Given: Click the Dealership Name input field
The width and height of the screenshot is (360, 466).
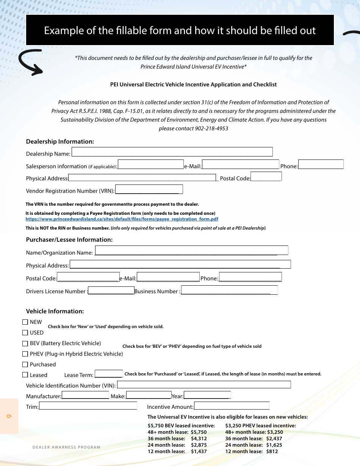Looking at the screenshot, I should coord(172,152).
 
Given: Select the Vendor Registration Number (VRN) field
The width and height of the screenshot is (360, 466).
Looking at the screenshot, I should coord(149,189).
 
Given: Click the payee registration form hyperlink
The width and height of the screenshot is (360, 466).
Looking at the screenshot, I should coord(122,219).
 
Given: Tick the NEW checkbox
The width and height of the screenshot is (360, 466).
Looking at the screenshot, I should coord(25,322).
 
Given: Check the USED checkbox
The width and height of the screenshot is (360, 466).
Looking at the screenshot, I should coord(25,333).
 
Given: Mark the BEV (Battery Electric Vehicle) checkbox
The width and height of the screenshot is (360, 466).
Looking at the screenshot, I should coord(25,344).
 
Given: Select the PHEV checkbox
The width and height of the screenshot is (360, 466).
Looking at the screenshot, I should coord(25,354).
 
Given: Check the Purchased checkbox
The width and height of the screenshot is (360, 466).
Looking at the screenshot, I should coord(25,364).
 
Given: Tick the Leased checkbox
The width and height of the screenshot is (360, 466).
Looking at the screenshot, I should coord(25,375).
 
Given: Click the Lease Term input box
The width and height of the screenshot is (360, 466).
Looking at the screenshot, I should coord(109,374).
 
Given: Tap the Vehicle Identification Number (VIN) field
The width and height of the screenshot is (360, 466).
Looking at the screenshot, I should coord(204,385).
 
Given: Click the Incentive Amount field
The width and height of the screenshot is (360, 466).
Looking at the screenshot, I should coord(232,406).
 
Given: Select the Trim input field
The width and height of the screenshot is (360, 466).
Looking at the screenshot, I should coord(88,406).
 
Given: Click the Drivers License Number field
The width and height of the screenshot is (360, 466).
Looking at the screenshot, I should coord(111,291).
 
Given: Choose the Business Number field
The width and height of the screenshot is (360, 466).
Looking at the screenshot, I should coord(229,290).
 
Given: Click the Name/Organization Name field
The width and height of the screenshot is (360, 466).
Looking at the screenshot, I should coord(191,250).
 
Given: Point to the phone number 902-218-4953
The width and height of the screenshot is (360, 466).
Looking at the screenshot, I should coord(211,128).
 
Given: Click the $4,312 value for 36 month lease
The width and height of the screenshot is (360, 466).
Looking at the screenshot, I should coord(199,438).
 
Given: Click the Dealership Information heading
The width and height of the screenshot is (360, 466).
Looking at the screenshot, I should coord(60,141).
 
